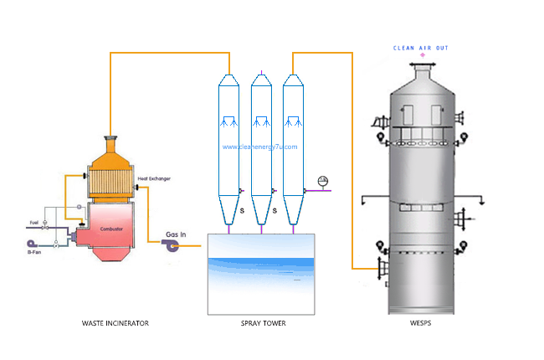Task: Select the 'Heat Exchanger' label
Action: point(155,179)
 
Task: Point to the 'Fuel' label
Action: point(34,222)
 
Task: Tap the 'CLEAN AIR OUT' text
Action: point(421,48)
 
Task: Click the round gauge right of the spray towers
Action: point(323,180)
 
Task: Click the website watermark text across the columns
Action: point(260,147)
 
